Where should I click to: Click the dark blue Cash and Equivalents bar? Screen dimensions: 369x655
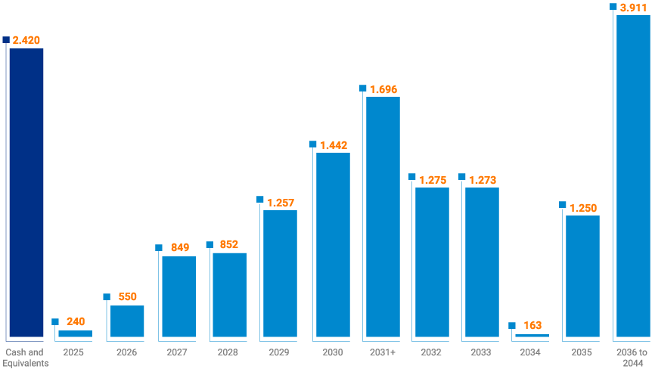click(26, 193)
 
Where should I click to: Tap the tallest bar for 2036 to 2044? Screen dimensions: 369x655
click(633, 175)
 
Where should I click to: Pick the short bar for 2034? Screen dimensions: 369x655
click(532, 335)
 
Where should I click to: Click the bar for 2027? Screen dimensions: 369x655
click(178, 296)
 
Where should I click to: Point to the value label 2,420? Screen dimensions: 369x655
click(27, 39)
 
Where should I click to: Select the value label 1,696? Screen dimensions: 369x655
click(383, 89)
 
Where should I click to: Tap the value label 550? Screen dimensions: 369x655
click(127, 297)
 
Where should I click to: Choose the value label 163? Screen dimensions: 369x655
click(532, 326)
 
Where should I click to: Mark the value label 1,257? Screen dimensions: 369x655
click(281, 203)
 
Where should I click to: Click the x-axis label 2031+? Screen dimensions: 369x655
click(382, 352)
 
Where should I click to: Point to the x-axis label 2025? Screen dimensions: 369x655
click(73, 352)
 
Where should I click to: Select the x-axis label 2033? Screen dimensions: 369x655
click(481, 352)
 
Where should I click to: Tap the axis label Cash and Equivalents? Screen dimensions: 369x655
click(25, 357)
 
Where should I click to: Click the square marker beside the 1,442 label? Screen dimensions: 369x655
click(312, 144)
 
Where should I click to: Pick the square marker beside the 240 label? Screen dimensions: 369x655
click(55, 321)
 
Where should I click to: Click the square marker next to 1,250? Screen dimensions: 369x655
click(562, 204)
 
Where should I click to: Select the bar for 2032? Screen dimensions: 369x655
click(432, 262)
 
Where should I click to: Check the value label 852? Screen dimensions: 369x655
click(229, 244)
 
